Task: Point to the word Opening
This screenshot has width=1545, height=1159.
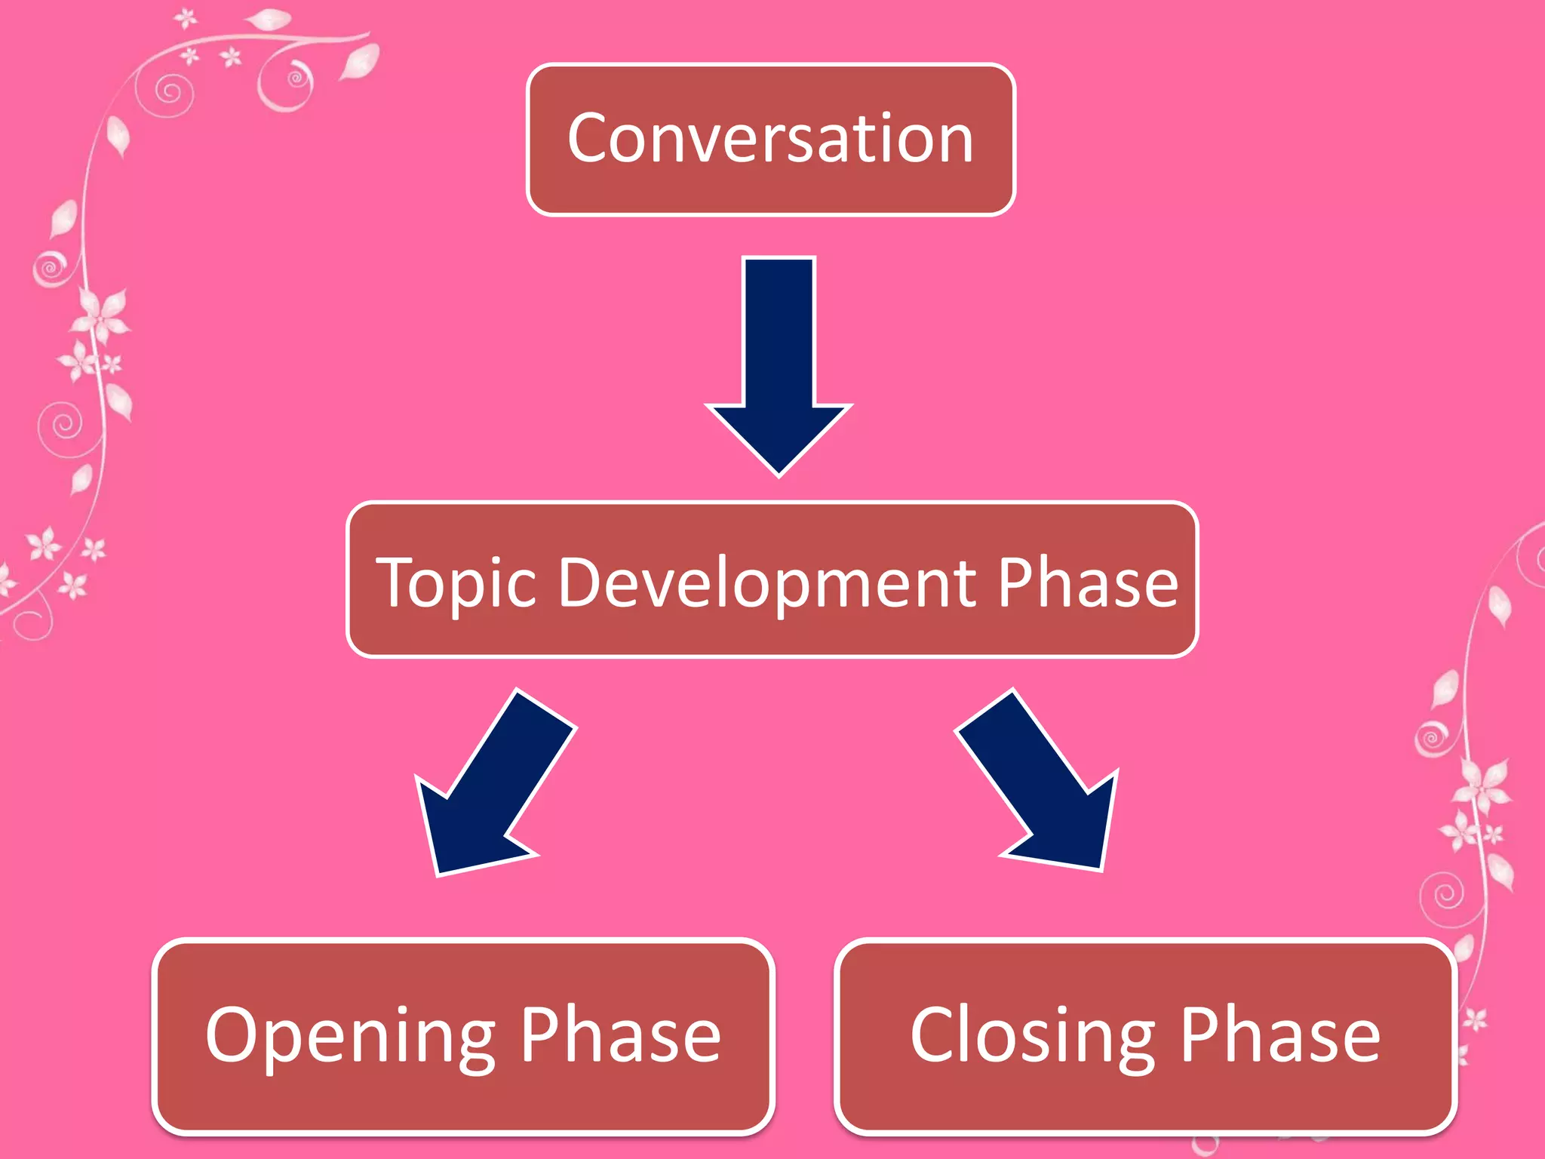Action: [350, 1037]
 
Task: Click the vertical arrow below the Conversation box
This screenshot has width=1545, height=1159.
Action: [779, 362]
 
